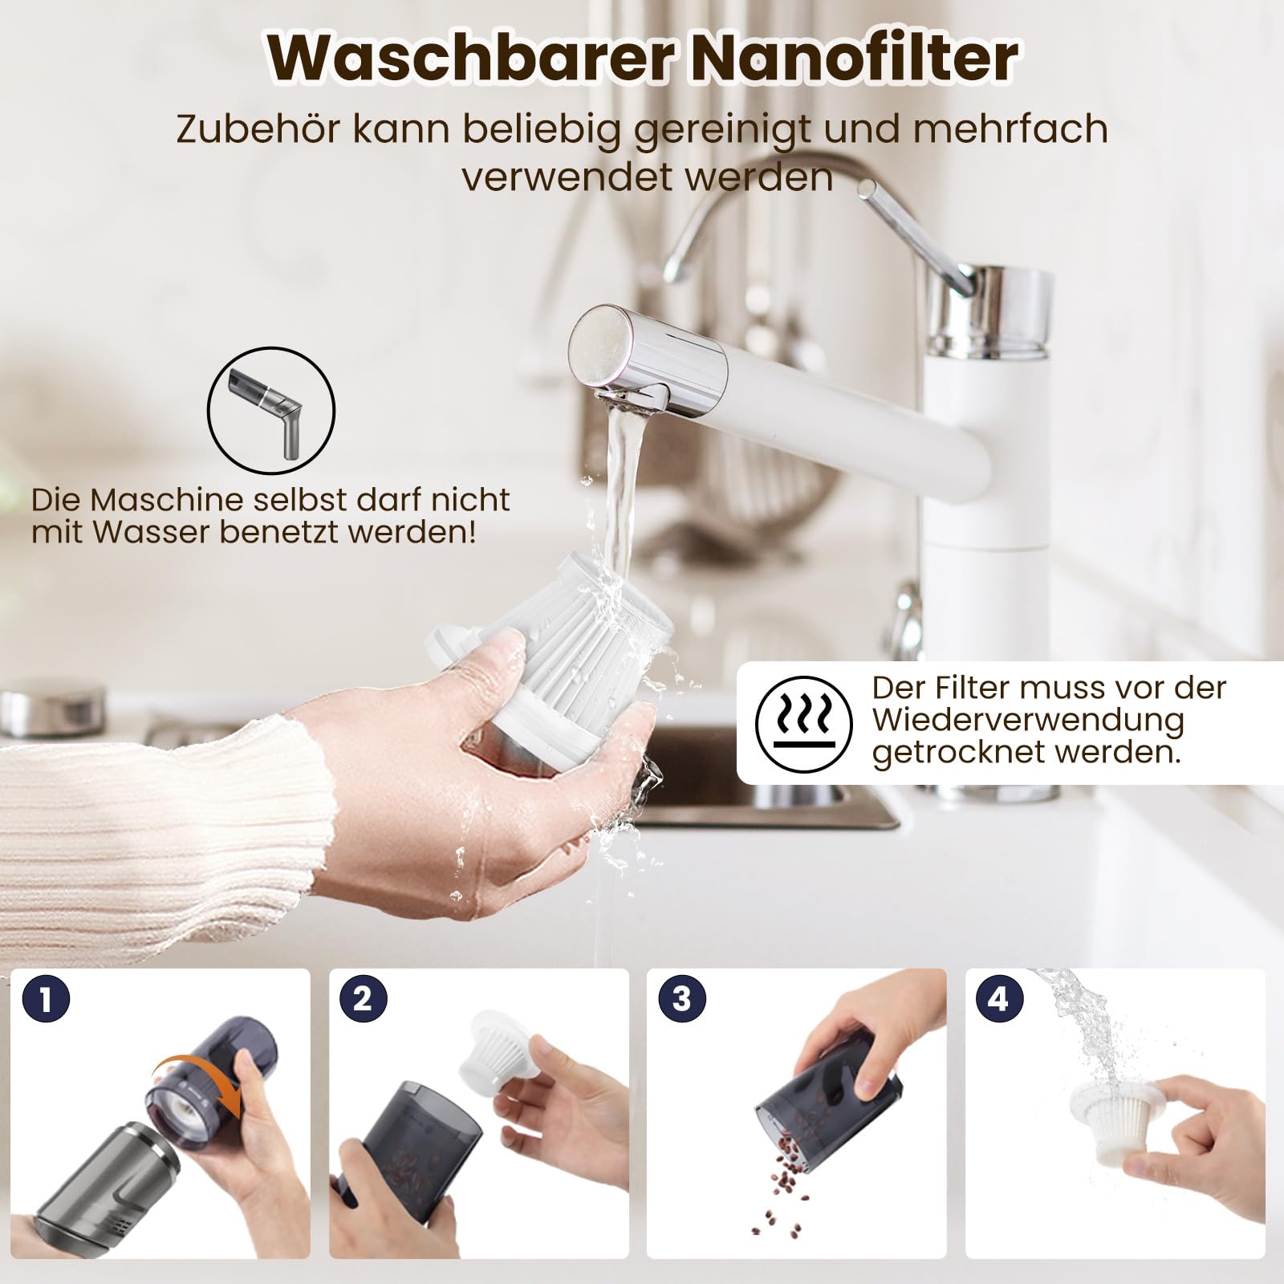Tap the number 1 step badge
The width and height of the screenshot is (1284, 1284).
[x=47, y=999]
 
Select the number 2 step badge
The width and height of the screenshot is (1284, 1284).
[x=363, y=999]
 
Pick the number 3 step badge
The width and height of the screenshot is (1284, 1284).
[x=681, y=999]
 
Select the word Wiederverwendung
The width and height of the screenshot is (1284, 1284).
[x=1029, y=720]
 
